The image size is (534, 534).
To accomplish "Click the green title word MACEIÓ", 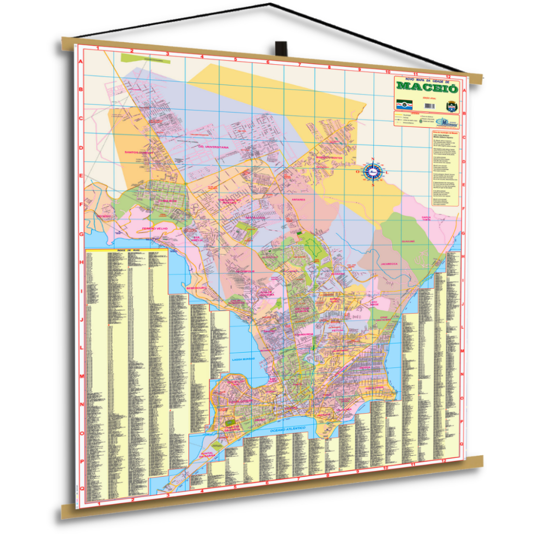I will coord(427,88).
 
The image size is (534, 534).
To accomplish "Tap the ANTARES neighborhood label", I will coord(298,199).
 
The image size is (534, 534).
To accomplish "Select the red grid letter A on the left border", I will coord(80,62).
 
